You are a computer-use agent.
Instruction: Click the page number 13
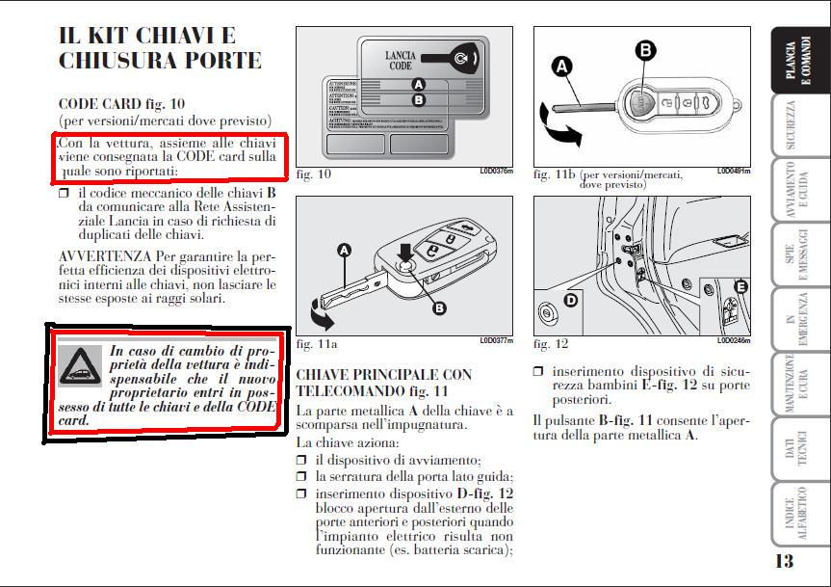(x=784, y=561)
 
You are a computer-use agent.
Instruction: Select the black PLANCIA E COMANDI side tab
(x=799, y=61)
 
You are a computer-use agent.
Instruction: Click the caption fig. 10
(x=314, y=174)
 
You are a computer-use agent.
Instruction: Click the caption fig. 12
(x=551, y=344)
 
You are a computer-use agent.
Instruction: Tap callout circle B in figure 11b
(x=645, y=49)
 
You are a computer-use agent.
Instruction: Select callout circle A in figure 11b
(x=561, y=66)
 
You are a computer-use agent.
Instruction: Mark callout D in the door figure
(x=570, y=300)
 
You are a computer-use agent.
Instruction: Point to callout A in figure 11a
(x=345, y=251)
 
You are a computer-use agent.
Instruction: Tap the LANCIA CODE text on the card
(x=401, y=62)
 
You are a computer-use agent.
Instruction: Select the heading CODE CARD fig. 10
(x=121, y=103)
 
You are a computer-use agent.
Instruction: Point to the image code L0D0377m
(x=496, y=340)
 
